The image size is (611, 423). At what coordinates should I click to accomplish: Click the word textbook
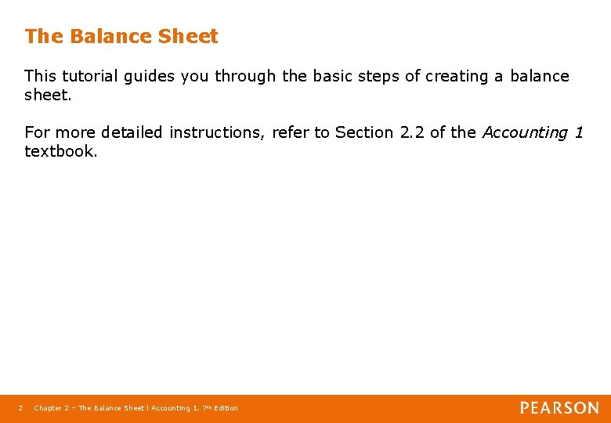coord(60,151)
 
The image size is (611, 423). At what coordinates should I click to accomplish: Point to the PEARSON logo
coord(559,407)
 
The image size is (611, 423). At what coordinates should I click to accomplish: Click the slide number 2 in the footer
coord(20,408)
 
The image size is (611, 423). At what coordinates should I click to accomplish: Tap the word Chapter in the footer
coord(48,408)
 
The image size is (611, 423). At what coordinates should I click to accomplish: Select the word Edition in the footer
coord(226,408)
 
